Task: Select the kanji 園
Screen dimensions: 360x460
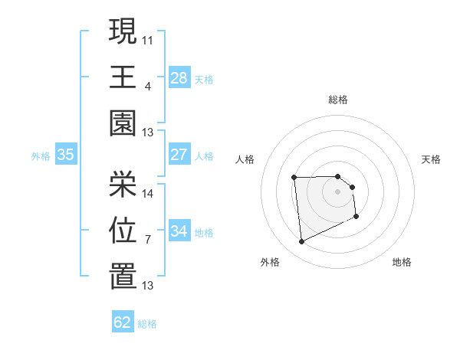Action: pos(123,123)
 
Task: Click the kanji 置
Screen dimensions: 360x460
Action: pos(123,277)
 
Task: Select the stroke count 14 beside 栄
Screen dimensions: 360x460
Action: pos(148,193)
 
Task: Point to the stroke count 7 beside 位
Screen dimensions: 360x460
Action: pos(147,239)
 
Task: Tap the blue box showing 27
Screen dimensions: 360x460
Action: pos(179,154)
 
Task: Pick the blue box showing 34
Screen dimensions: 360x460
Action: pos(179,231)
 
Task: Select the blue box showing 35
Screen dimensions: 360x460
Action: pos(66,154)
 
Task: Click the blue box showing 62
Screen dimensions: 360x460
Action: pos(123,322)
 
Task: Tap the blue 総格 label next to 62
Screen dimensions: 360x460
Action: pos(147,324)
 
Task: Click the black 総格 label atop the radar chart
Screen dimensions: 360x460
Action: pos(338,100)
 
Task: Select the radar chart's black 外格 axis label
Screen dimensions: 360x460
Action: pos(270,262)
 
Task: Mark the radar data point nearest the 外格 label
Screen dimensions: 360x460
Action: pos(301,242)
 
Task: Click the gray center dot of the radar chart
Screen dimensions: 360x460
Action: pos(338,191)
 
